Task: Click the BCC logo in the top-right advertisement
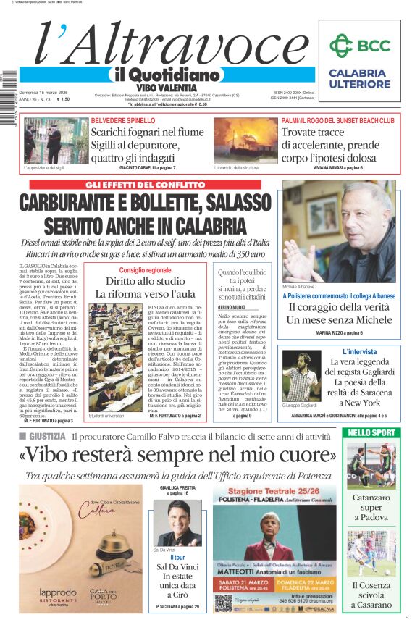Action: click(x=359, y=45)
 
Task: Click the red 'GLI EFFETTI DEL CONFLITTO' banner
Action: click(x=143, y=185)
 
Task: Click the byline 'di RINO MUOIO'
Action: click(x=232, y=307)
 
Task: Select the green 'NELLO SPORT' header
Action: click(x=371, y=433)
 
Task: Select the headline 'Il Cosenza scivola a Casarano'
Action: click(x=371, y=594)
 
